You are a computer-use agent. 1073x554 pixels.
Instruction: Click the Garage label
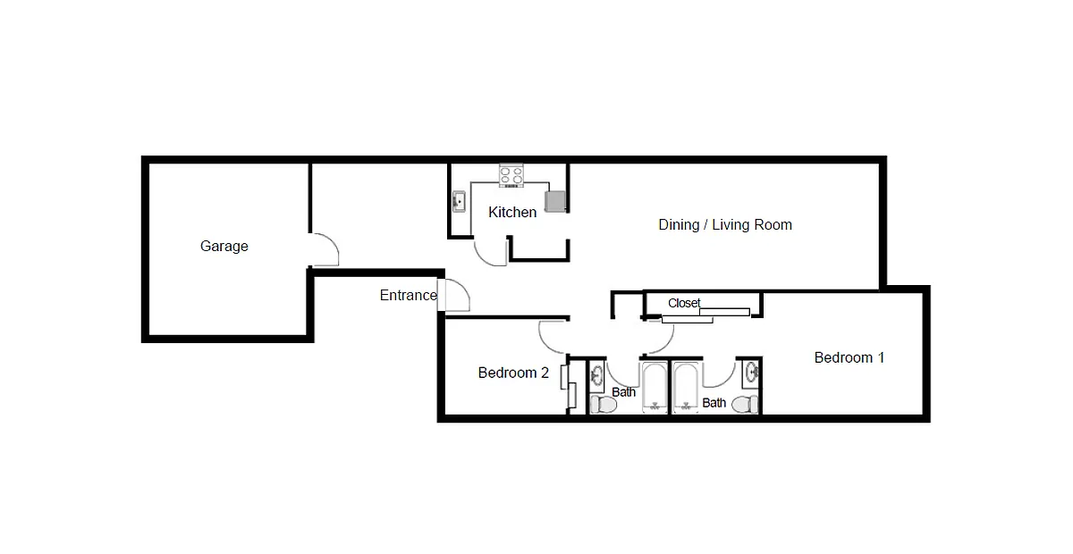coord(224,246)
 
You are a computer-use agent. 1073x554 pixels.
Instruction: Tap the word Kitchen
coord(512,212)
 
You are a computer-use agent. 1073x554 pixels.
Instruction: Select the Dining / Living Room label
coord(725,224)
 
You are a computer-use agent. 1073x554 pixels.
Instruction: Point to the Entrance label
coord(409,295)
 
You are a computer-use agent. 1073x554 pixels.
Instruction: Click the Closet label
coord(684,303)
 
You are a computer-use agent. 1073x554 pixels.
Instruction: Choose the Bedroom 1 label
coord(849,357)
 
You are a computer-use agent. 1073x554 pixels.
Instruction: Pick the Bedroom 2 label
coord(513,373)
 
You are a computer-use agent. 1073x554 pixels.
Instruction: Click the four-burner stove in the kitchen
coord(511,176)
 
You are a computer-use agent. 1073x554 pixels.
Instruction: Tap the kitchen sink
coord(459,202)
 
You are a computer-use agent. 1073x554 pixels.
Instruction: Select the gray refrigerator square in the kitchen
coord(555,202)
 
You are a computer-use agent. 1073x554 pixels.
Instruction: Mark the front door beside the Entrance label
coord(453,295)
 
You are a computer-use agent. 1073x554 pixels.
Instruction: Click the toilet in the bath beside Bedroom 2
coord(603,405)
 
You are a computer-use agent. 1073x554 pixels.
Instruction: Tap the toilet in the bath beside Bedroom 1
coord(745,405)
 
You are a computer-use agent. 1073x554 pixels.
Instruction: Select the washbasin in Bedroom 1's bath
coord(751,373)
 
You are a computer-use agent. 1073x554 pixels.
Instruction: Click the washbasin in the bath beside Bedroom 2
coord(597,374)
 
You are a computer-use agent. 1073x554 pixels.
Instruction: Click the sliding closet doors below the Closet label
coord(705,316)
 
